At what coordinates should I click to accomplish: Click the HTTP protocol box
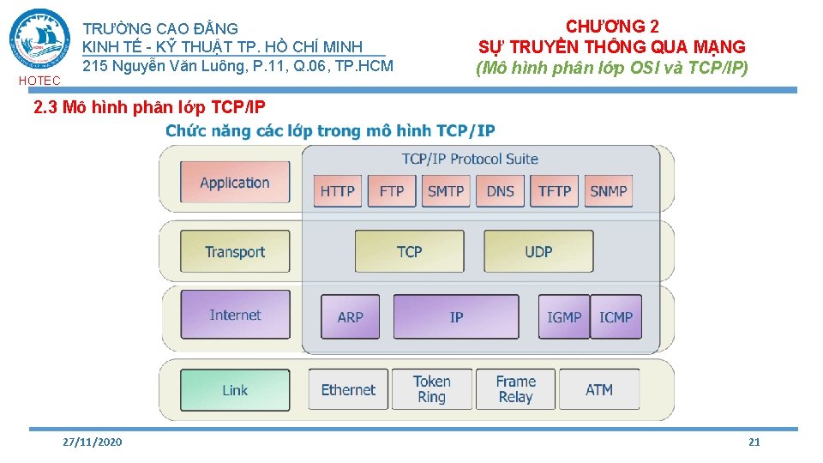[337, 191]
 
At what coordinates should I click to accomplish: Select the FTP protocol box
[391, 191]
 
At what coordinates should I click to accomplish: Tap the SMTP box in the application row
[446, 191]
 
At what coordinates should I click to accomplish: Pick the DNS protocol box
[500, 191]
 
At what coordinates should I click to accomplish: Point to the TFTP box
[555, 191]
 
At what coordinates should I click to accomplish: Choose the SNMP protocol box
[609, 191]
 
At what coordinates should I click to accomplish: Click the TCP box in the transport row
[409, 251]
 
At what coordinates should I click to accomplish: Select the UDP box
[538, 251]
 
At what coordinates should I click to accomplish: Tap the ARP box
[350, 316]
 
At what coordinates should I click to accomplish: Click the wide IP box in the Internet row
[456, 316]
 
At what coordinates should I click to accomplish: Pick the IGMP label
[564, 317]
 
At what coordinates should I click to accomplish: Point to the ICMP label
[616, 317]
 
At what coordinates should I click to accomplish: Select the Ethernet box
[348, 390]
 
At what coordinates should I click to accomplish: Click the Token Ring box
[431, 389]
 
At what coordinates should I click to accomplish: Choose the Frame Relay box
[515, 389]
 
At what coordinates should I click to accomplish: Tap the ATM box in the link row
[599, 390]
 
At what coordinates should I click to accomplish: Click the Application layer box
[234, 182]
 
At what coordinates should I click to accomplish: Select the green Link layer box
[234, 390]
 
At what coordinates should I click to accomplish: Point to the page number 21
[754, 442]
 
